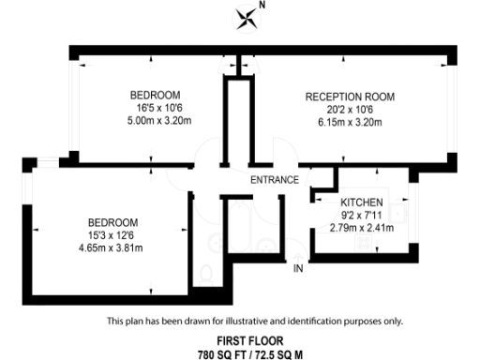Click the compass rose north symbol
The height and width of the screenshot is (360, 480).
click(x=247, y=16)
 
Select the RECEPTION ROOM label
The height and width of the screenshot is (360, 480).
click(x=351, y=97)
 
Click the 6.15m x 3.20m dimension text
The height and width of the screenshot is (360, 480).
click(x=351, y=122)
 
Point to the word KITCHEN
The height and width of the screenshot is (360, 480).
click(x=361, y=202)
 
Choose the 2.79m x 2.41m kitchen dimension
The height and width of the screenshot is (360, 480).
click(x=361, y=227)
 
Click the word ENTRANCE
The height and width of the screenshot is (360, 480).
click(x=275, y=180)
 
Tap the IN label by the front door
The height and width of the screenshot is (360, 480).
click(x=298, y=269)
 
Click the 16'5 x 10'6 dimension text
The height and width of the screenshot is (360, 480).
click(x=155, y=109)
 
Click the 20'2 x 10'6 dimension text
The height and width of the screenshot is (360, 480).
click(x=351, y=109)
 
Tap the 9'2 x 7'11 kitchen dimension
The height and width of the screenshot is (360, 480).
click(x=361, y=215)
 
